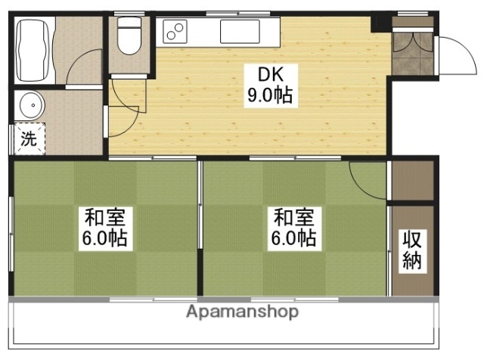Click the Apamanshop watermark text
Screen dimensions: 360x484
coord(242,312)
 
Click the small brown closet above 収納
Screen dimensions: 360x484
coord(411,181)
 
